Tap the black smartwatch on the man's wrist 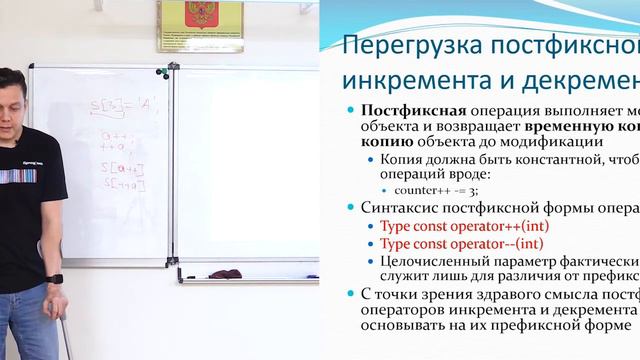point(56,279)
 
